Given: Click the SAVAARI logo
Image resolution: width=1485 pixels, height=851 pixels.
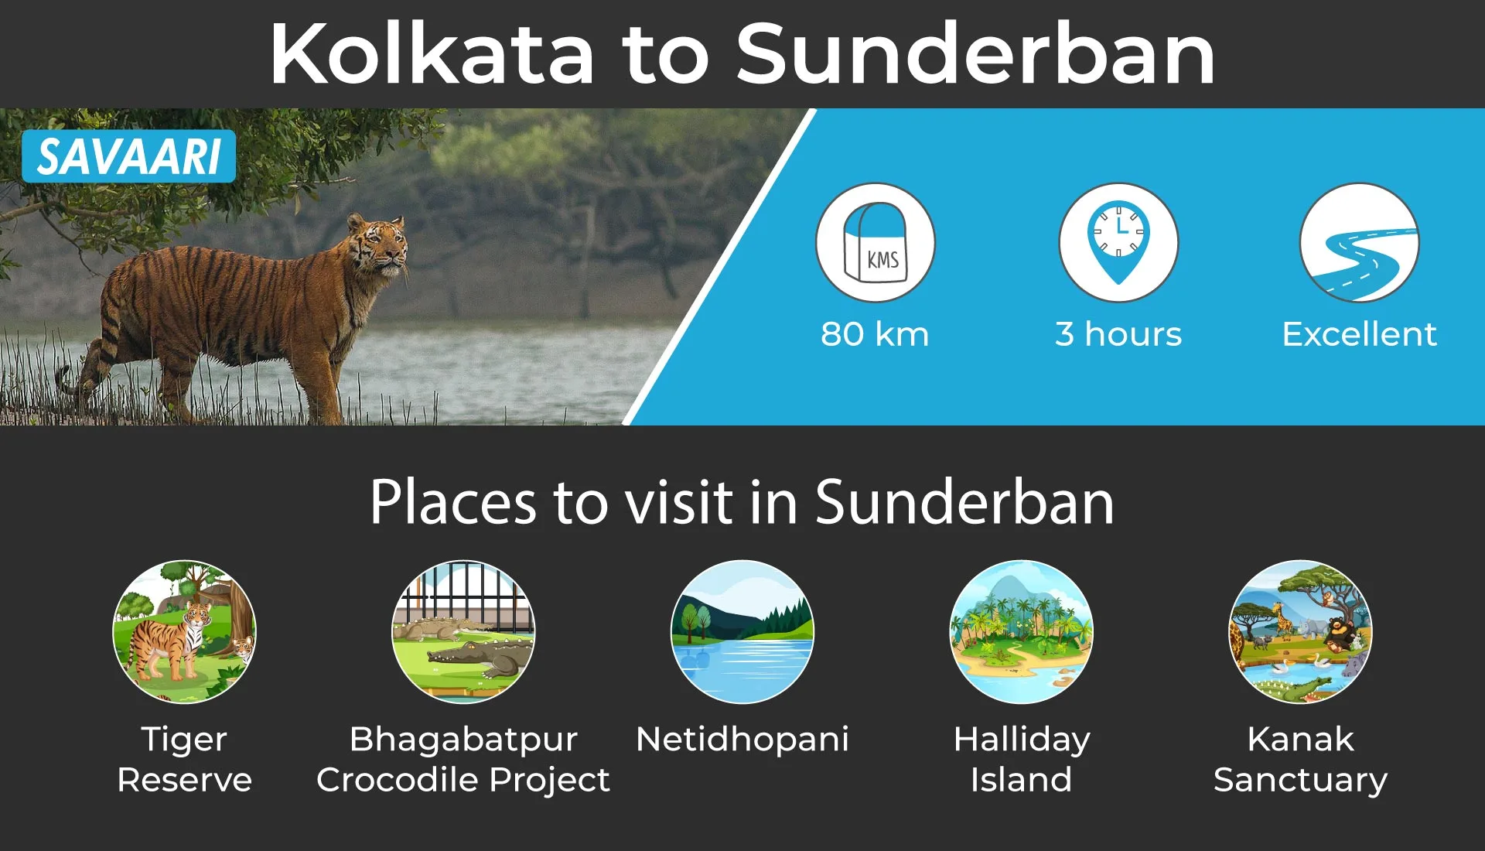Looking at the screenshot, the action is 128,156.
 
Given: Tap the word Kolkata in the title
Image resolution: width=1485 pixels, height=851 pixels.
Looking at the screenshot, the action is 432,53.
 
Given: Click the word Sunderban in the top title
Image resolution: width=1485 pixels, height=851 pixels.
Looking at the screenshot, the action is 975,53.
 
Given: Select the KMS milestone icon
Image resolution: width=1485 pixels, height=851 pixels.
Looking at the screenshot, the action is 876,242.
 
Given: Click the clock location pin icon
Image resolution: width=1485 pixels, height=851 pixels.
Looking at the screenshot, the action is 1118,242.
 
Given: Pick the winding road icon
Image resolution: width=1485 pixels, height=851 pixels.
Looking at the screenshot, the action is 1360,242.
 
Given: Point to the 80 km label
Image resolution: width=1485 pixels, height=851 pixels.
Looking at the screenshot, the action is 875,334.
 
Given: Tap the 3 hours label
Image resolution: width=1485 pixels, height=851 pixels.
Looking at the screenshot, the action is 1118,334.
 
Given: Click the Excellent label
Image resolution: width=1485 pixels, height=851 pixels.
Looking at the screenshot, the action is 1360,334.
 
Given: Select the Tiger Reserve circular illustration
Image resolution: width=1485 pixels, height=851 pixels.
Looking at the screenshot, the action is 184,631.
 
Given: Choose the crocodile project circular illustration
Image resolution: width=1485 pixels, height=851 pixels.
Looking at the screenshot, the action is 463,631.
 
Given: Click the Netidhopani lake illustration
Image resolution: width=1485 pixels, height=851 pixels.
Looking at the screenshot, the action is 742,631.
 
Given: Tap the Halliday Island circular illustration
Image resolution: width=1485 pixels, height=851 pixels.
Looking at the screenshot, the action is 1022,631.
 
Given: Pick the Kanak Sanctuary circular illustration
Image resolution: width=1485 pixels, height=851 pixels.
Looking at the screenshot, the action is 1301,631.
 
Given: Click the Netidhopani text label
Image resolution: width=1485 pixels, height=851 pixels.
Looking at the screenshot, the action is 742,739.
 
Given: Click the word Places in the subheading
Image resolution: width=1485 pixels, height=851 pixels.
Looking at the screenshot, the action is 453,503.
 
